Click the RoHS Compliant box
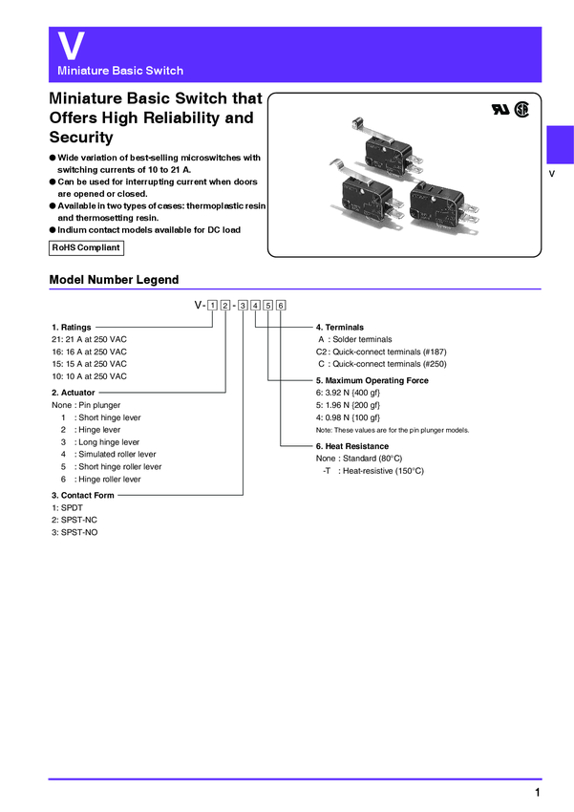[86, 247]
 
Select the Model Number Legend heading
[114, 280]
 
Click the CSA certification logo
[521, 109]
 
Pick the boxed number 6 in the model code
[282, 305]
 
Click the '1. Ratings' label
[72, 328]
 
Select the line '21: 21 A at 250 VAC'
[89, 339]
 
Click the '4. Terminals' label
[339, 328]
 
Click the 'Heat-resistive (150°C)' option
[378, 471]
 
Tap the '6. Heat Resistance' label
[351, 446]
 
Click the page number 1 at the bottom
[538, 794]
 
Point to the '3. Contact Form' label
[83, 496]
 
